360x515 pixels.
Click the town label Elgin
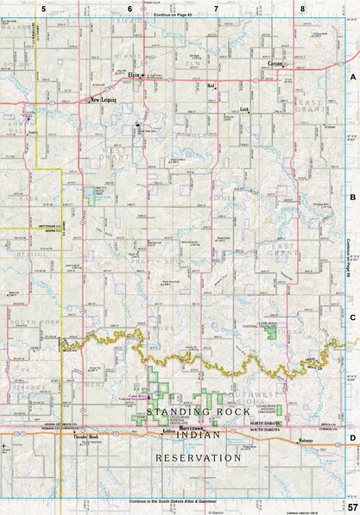(x=134, y=75)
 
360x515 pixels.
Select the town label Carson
(x=275, y=64)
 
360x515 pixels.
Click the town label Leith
(x=243, y=110)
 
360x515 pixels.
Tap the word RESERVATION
(x=199, y=457)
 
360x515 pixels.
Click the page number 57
(x=351, y=506)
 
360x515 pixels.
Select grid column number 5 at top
(x=42, y=8)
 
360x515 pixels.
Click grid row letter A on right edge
(x=352, y=78)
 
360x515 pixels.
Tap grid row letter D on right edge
(x=352, y=438)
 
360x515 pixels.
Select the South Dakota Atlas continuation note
(x=172, y=501)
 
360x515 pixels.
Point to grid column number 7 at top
(x=216, y=8)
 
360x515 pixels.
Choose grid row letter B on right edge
(x=352, y=198)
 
